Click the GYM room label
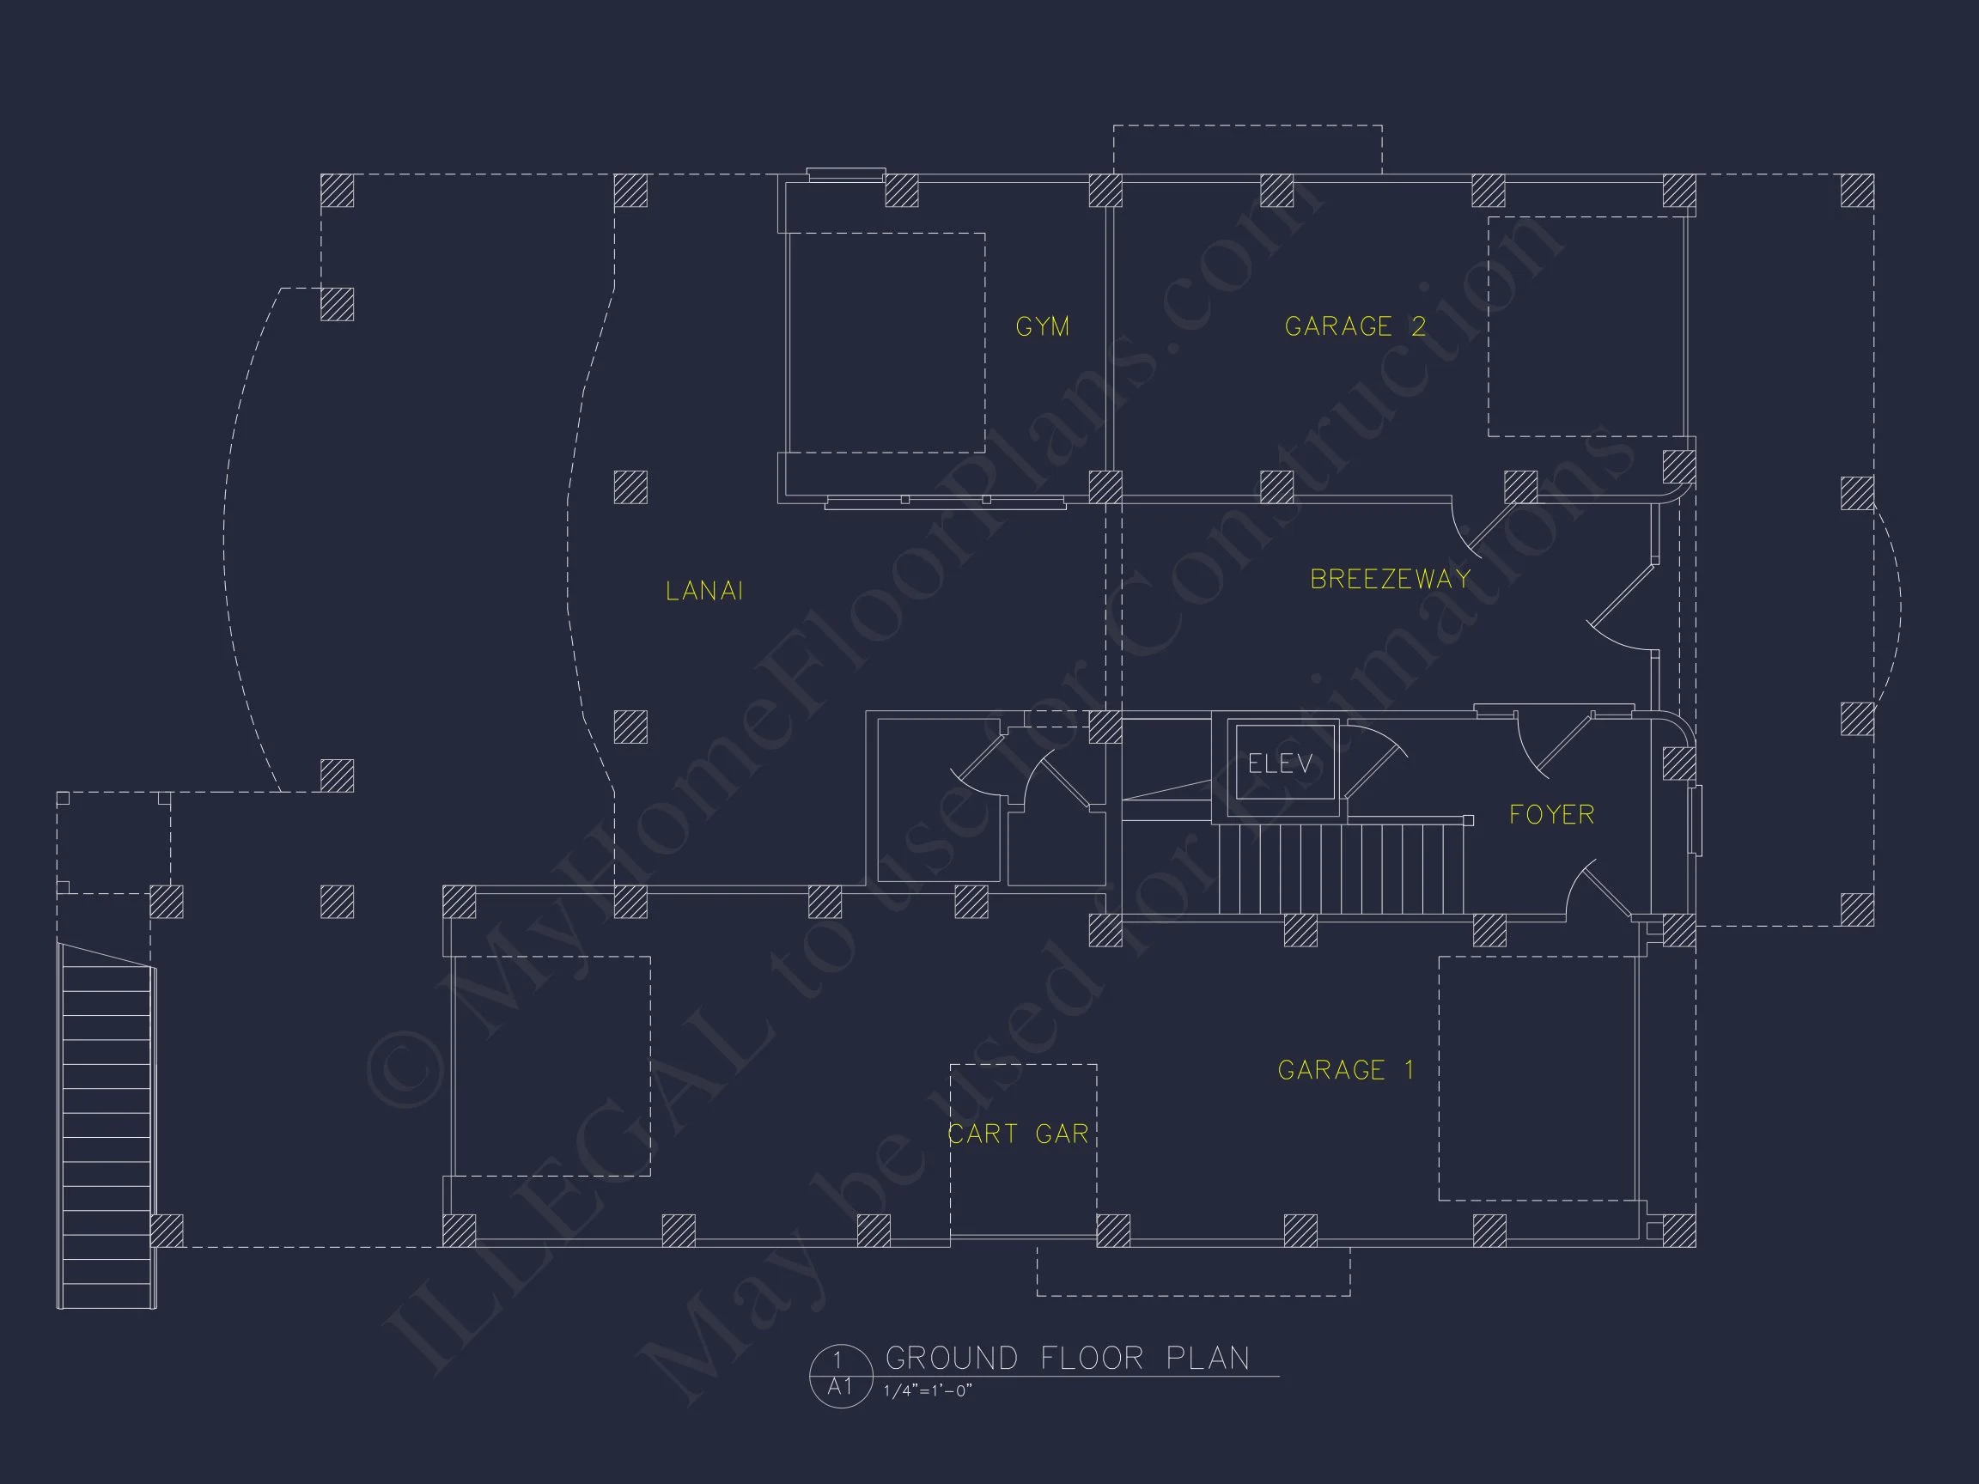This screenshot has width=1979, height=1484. tap(1042, 326)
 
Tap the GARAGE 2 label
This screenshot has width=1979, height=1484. tap(1355, 326)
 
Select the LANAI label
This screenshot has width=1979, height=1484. tap(704, 590)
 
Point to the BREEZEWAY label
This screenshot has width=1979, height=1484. tap(1391, 580)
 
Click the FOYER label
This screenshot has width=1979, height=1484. tap(1551, 815)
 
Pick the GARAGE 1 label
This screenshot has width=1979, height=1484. tap(1346, 1070)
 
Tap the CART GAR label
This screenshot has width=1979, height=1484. tap(1018, 1134)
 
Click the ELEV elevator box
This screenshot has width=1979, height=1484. tap(1282, 764)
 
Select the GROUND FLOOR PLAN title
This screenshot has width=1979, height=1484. tap(1068, 1358)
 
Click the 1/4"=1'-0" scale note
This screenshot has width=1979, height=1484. tap(927, 1391)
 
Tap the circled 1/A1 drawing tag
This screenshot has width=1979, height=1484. tap(839, 1375)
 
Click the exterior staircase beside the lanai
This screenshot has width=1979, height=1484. tap(107, 1127)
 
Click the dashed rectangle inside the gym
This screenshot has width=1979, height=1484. tap(886, 343)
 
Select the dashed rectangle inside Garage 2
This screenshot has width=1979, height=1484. tap(1586, 326)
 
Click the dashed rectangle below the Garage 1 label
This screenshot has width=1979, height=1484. tap(1192, 1271)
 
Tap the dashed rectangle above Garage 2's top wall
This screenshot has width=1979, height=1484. tap(1247, 149)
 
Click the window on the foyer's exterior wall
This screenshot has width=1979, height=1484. tap(1696, 820)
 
